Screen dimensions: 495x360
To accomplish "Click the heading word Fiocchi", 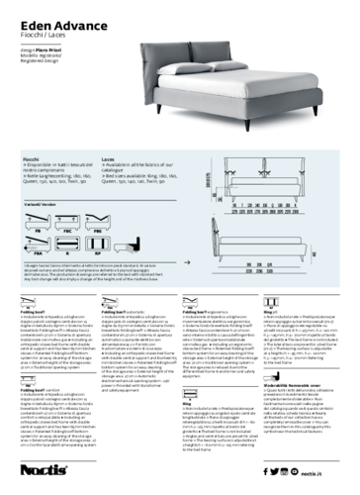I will click(31, 157).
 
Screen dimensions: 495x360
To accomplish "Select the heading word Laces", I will click(109, 157).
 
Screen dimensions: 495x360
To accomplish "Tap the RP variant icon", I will click(97, 244).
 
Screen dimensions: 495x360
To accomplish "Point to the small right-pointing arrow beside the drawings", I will click(187, 262).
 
